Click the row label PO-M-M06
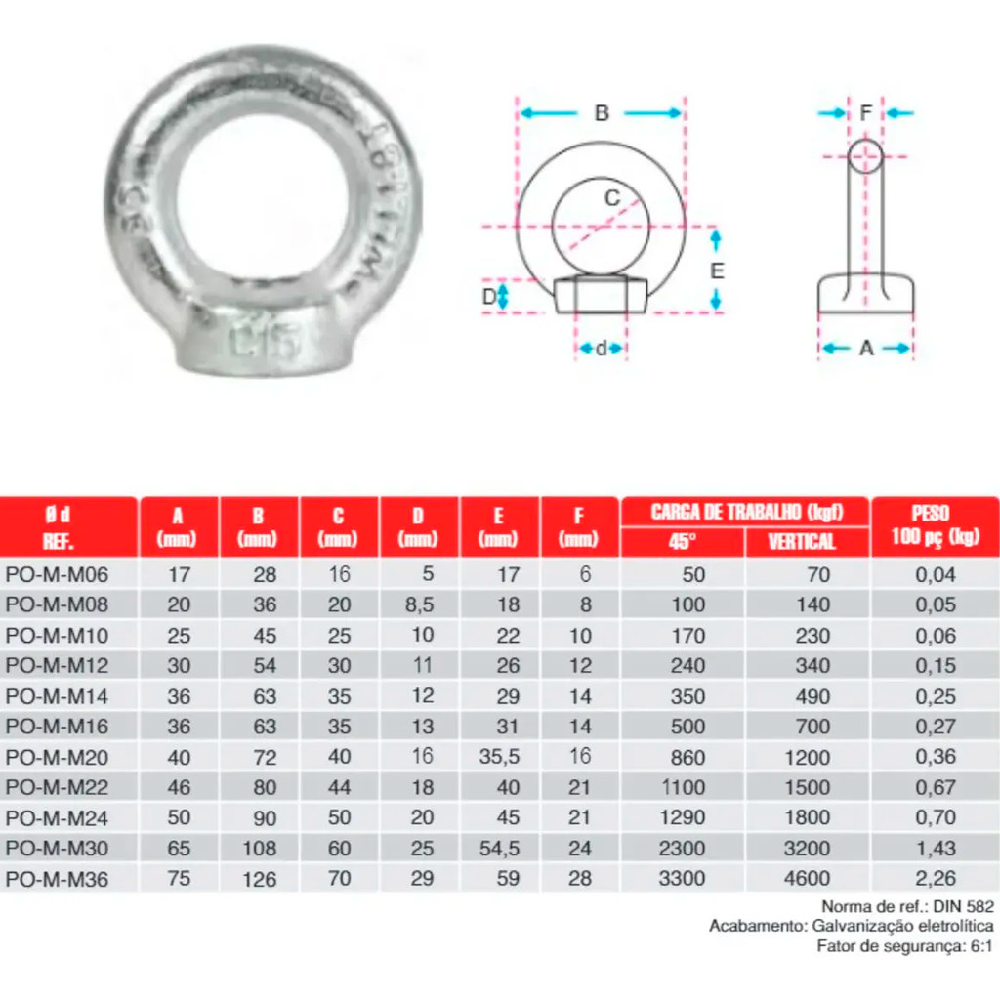coord(57,574)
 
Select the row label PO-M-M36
coord(57,880)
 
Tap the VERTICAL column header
coord(802,541)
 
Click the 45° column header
coord(682,541)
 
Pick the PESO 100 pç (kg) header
coord(935,524)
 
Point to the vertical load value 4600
coord(807,879)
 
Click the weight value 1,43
coord(935,849)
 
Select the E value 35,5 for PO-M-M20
coord(499,757)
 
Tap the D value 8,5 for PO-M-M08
coord(420,604)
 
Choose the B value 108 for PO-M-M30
coord(259,849)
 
